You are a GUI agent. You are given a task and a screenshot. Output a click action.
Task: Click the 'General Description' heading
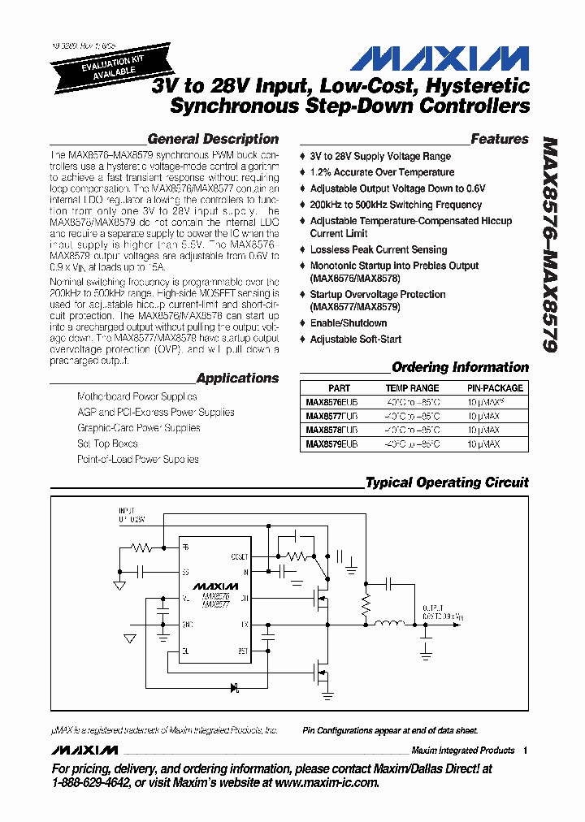213,139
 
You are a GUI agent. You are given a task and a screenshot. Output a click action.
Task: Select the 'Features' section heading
499,139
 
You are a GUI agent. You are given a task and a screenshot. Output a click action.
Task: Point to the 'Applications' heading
237,378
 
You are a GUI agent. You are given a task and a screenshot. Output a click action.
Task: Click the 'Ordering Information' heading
460,367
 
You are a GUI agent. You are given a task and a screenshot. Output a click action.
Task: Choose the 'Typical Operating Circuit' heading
447,482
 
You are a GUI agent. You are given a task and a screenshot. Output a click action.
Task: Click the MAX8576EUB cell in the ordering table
331,402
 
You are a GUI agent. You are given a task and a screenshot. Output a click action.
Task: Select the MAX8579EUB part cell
331,444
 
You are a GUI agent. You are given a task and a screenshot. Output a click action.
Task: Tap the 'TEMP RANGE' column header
412,388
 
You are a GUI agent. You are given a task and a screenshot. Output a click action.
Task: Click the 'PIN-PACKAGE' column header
495,388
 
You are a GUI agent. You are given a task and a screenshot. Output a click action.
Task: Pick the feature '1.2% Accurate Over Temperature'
382,172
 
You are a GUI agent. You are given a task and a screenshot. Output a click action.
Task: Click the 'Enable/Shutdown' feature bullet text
349,323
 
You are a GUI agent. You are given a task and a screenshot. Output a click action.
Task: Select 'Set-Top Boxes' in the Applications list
107,443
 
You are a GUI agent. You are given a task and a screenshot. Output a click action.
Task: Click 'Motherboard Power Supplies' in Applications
136,396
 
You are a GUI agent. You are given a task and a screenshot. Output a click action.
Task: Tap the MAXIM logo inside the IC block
215,586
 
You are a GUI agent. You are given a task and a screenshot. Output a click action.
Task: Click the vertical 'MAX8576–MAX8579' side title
549,244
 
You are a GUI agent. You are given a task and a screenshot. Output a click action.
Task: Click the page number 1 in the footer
526,751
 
